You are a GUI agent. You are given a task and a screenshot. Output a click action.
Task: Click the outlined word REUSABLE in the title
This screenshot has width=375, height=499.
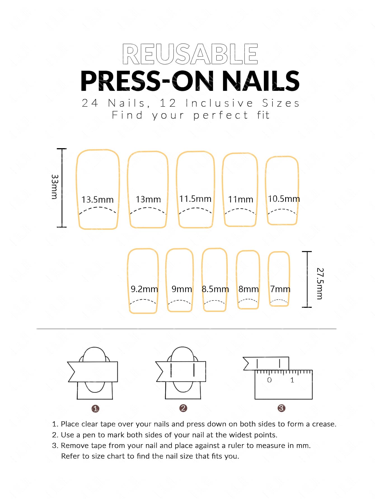coord(190,54)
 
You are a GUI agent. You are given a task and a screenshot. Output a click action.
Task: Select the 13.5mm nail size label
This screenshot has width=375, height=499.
coord(97,200)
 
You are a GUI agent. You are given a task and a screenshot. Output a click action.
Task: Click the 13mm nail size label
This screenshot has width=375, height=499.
coord(148,199)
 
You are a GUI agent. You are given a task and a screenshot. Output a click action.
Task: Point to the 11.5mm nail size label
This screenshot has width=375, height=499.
coord(195,199)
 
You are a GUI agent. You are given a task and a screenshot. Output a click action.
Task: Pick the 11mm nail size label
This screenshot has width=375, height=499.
coord(241,199)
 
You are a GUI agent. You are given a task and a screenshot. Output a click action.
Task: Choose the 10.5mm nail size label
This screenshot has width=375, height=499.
coord(284,199)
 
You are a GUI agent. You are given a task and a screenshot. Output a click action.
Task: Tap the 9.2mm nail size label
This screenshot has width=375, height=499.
coord(144,289)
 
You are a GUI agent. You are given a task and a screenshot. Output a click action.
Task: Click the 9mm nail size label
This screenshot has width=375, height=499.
coord(182,289)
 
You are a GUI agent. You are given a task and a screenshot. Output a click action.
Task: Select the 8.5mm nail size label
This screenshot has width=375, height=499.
coord(215,289)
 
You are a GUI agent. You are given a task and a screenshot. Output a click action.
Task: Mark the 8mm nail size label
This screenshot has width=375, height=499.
coord(249,289)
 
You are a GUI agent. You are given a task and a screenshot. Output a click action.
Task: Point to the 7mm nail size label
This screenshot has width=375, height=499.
coord(280,289)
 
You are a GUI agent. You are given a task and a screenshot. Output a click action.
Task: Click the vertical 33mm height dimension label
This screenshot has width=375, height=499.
coord(55,187)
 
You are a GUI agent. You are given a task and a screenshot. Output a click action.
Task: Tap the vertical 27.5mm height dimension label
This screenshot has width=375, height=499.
coord(320,283)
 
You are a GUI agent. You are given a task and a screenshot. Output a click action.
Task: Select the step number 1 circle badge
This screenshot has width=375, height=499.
coord(95,409)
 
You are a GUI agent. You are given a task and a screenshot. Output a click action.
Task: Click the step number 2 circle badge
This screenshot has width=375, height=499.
coord(183,408)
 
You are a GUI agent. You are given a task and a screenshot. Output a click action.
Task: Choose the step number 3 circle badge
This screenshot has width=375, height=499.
coord(281,408)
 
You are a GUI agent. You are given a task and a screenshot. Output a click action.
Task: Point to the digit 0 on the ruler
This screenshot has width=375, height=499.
coord(269,380)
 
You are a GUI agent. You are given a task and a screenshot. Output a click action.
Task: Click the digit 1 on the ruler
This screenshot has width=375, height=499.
coord(292,380)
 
